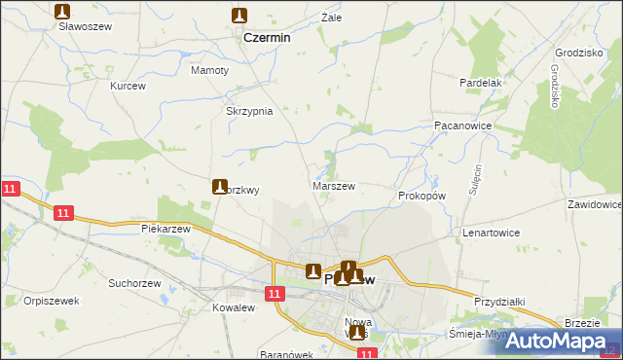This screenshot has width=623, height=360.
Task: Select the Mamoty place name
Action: click(x=209, y=70)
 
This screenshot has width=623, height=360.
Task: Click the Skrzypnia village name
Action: click(x=249, y=111)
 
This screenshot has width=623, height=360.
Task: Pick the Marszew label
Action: click(x=334, y=185)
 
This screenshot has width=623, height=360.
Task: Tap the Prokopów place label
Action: click(x=421, y=196)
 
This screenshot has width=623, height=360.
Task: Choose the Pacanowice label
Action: click(x=461, y=126)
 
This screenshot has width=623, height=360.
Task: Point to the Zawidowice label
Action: click(x=594, y=205)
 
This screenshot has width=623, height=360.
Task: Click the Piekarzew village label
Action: click(x=165, y=228)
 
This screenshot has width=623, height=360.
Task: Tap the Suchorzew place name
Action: click(x=133, y=284)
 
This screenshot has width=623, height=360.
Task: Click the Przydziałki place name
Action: click(x=499, y=303)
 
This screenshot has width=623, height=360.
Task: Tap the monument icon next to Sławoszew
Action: click(x=63, y=12)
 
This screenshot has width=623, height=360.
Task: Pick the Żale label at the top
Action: click(x=332, y=18)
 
